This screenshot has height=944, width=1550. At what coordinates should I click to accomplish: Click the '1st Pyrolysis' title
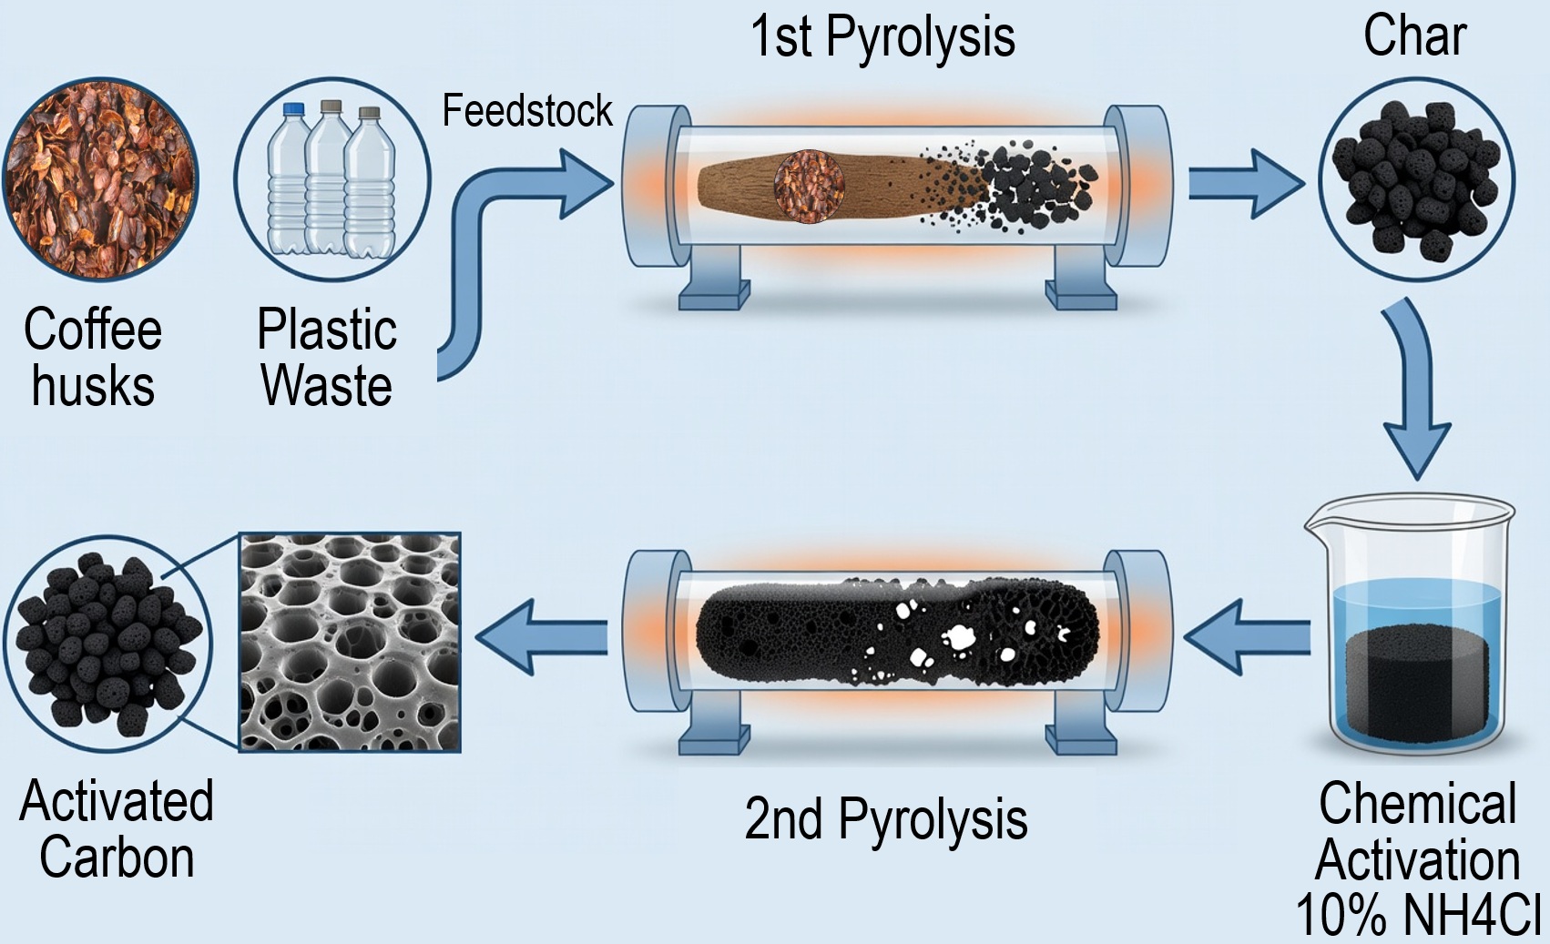coord(882,38)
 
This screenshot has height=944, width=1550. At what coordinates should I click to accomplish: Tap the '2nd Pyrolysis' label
coord(885,819)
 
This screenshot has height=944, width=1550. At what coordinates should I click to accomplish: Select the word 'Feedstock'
coord(526,111)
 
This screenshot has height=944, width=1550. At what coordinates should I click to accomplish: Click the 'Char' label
coord(1414,36)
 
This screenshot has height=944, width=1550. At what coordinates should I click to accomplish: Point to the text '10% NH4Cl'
coord(1417,915)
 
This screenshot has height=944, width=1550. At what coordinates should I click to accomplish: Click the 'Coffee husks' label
coord(93,357)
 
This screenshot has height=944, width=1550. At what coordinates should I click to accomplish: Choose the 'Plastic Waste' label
coord(327,357)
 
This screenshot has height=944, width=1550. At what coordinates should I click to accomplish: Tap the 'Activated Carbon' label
coord(117,829)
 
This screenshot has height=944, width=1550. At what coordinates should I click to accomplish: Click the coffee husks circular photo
coord(99,178)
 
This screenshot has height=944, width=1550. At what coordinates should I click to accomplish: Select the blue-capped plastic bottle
coord(291,178)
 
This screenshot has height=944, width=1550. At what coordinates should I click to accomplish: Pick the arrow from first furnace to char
coord(1245,184)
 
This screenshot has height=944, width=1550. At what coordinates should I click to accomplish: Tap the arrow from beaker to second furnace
coord(1249,637)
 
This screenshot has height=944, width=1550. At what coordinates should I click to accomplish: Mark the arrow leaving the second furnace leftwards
coord(541,637)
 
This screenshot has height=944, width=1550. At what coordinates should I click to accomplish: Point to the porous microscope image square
coord(350,643)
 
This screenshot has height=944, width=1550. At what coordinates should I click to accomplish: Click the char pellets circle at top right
coord(1415,179)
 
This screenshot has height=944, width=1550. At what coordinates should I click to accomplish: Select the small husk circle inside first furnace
coord(809,186)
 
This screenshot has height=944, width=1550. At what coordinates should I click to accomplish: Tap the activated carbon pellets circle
coord(107,643)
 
